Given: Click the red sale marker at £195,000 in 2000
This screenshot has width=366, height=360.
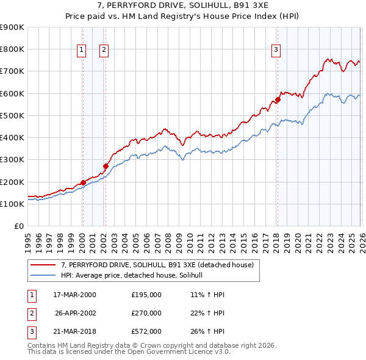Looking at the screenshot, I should coord(83,182).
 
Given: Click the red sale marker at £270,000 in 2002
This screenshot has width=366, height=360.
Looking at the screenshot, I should coord(106,166).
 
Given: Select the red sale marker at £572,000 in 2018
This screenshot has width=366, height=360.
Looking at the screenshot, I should coord(277,99).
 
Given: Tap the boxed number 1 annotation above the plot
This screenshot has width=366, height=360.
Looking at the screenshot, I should coord(82,51).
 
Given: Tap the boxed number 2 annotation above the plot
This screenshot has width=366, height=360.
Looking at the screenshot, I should coord(104,51).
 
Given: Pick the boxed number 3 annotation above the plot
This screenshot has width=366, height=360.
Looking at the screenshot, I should coord(276,51).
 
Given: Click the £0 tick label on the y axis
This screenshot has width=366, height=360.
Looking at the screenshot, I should coord(18,226).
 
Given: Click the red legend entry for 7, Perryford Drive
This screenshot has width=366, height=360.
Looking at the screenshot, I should coord(161,265).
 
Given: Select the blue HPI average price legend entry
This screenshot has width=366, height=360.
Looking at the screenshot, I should coord(135,276).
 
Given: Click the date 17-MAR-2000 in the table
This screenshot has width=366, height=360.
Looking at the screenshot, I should coord(74,294).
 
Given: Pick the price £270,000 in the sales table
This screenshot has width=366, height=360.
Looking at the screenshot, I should coord(146,313).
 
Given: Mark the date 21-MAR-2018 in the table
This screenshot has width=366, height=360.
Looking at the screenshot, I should coord(74,331).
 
